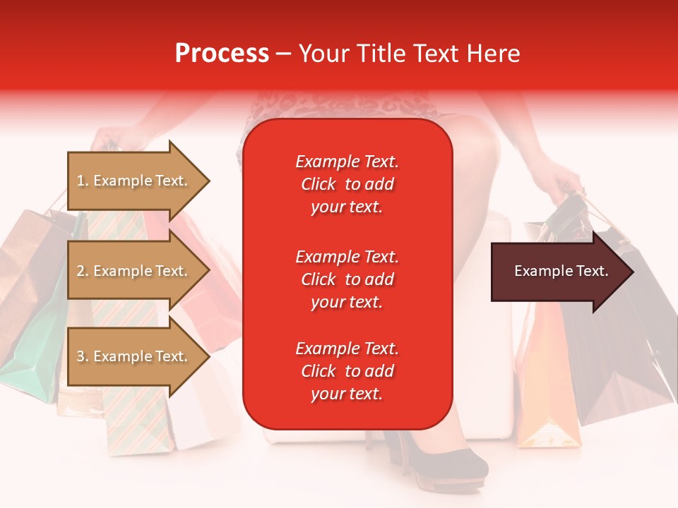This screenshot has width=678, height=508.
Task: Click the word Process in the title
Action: (x=222, y=54)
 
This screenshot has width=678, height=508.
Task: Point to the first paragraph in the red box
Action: (x=347, y=184)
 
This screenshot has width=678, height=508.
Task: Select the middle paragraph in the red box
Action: (x=347, y=279)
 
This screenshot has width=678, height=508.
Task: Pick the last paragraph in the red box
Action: (x=347, y=371)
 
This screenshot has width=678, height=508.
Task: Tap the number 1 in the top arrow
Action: (x=81, y=181)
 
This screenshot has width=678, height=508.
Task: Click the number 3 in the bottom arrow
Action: (x=81, y=356)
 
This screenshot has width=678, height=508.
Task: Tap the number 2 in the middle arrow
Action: (x=81, y=271)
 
